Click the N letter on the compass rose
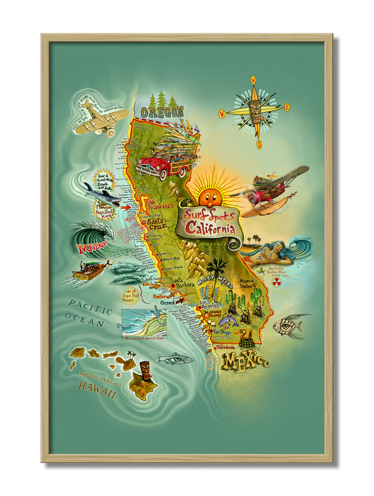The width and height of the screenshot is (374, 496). [x=253, y=80]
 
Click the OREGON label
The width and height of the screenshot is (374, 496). [x=162, y=112]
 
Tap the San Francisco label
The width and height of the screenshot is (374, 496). [x=156, y=205]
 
